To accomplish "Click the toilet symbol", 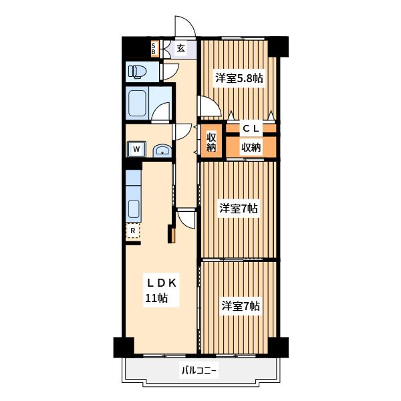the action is coord(137,72).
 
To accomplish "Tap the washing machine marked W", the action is coord(136,149).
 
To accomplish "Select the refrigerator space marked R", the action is coord(133,231).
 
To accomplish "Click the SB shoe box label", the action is coord(154,49).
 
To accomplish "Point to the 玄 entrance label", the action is coord(181,48).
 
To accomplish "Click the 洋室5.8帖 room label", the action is coord(239,78).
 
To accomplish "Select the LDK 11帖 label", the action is coord(161,291).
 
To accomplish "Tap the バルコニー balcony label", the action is coord(199,370).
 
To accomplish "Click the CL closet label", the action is coord(251,128).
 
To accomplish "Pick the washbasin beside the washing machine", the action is coord(162,151).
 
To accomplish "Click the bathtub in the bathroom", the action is coord(138,104).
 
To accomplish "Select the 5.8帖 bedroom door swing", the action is coord(209,106).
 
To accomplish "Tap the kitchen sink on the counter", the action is coord(134,209).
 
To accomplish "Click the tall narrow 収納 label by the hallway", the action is coord(211,142).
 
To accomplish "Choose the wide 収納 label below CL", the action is coord(251,148).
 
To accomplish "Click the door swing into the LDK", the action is coord(186,219).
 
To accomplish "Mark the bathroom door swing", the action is coord(160,112).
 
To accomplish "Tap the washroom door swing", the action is coord(182,132).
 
